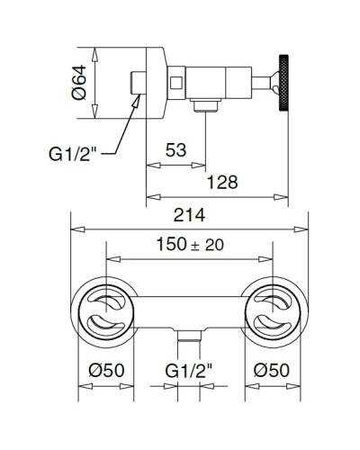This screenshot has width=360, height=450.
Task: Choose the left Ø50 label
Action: pyautogui.click(x=105, y=369)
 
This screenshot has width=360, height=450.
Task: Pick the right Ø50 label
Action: pyautogui.click(x=271, y=369)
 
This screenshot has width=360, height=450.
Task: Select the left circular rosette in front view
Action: pyautogui.click(x=105, y=311)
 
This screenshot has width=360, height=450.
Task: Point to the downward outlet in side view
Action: pyautogui.click(x=207, y=107)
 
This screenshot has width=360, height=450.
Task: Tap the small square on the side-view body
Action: pyautogui.click(x=177, y=84)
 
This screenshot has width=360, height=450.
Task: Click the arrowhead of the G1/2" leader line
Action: pyautogui.click(x=136, y=104)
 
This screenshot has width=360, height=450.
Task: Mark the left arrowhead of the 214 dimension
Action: pyautogui.click(x=75, y=228)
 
